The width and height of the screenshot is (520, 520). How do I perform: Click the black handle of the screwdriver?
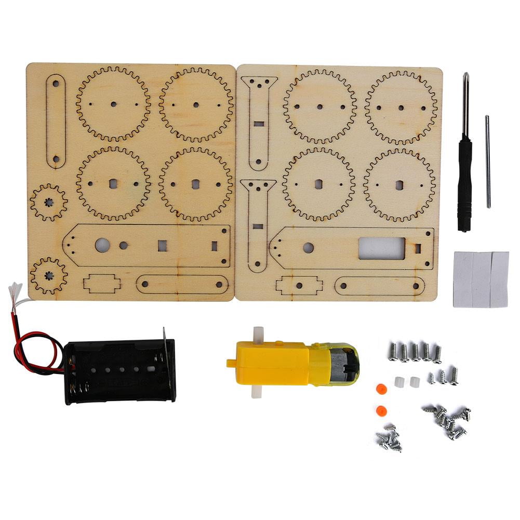point(464,182)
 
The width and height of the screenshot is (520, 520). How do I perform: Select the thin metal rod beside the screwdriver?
point(487,161)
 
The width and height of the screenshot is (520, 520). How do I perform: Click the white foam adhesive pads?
point(481,279)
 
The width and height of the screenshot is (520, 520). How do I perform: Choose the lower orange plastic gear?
point(381,410)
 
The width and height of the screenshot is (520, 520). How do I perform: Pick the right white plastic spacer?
point(414,382)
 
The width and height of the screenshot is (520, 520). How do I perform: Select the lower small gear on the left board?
point(49,275)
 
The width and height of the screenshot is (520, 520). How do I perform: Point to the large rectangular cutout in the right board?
point(381,248)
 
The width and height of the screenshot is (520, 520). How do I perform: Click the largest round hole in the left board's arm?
point(102,245)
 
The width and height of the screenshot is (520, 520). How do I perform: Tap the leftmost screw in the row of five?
point(392,352)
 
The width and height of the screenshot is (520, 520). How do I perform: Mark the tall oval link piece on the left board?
point(56,121)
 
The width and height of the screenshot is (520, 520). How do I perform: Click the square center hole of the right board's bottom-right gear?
point(399,185)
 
